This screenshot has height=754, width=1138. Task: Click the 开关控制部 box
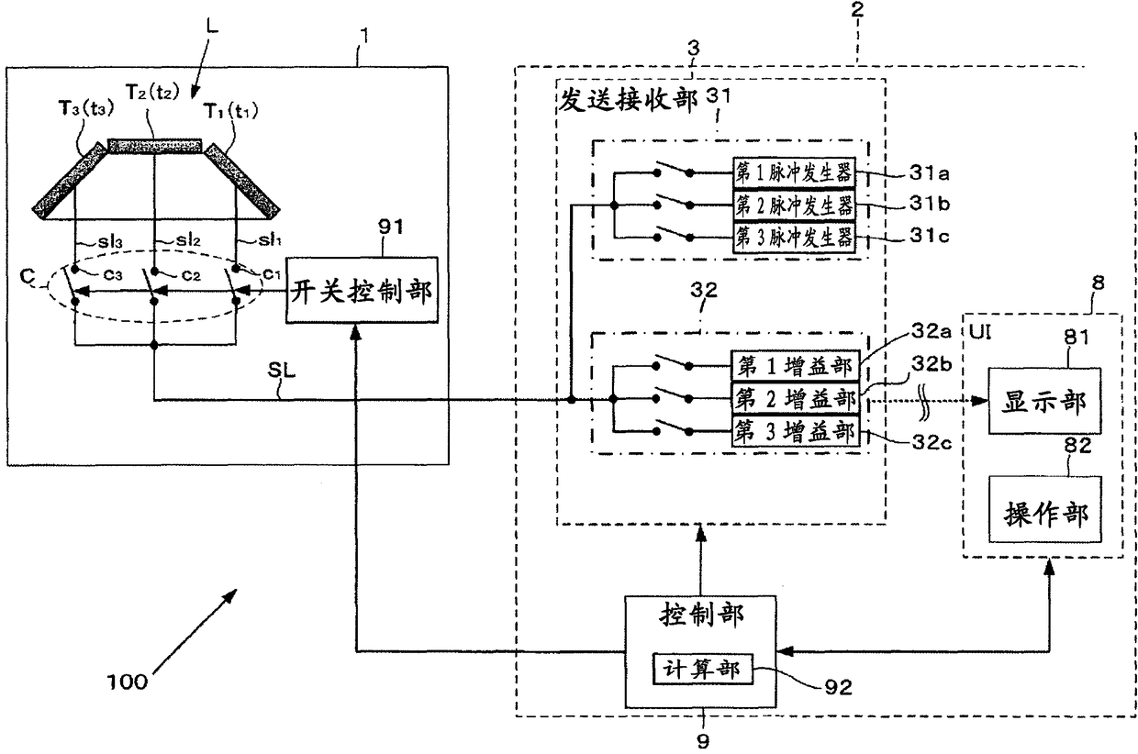(362, 290)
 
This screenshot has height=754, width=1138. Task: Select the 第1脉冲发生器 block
(794, 172)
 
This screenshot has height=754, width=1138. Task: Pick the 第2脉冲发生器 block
(794, 205)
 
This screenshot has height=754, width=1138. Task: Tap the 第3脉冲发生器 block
(794, 238)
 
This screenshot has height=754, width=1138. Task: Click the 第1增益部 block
(795, 366)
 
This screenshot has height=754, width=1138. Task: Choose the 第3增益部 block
(795, 432)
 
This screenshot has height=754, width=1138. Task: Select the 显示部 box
(1044, 401)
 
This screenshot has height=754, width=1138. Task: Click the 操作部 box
(1044, 509)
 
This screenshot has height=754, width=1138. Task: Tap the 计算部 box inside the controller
(702, 670)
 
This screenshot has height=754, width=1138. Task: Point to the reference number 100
(127, 682)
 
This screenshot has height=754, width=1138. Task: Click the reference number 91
(391, 227)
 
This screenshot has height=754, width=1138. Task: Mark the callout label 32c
(932, 442)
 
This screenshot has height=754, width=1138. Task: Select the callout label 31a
(929, 173)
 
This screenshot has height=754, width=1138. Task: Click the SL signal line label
(282, 371)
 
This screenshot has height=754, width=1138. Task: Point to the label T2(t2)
(152, 92)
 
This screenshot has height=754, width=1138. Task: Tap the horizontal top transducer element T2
(155, 146)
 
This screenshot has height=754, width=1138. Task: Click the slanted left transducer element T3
(70, 182)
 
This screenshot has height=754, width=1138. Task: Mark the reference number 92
(838, 687)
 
